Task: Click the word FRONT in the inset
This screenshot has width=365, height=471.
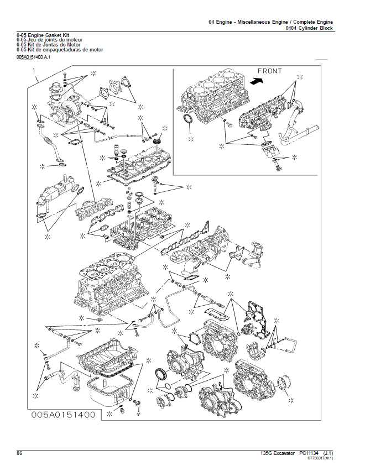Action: pyautogui.click(x=270, y=71)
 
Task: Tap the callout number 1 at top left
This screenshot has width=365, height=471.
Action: pyautogui.click(x=34, y=71)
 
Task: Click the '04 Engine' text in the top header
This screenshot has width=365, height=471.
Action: pyautogui.click(x=220, y=22)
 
